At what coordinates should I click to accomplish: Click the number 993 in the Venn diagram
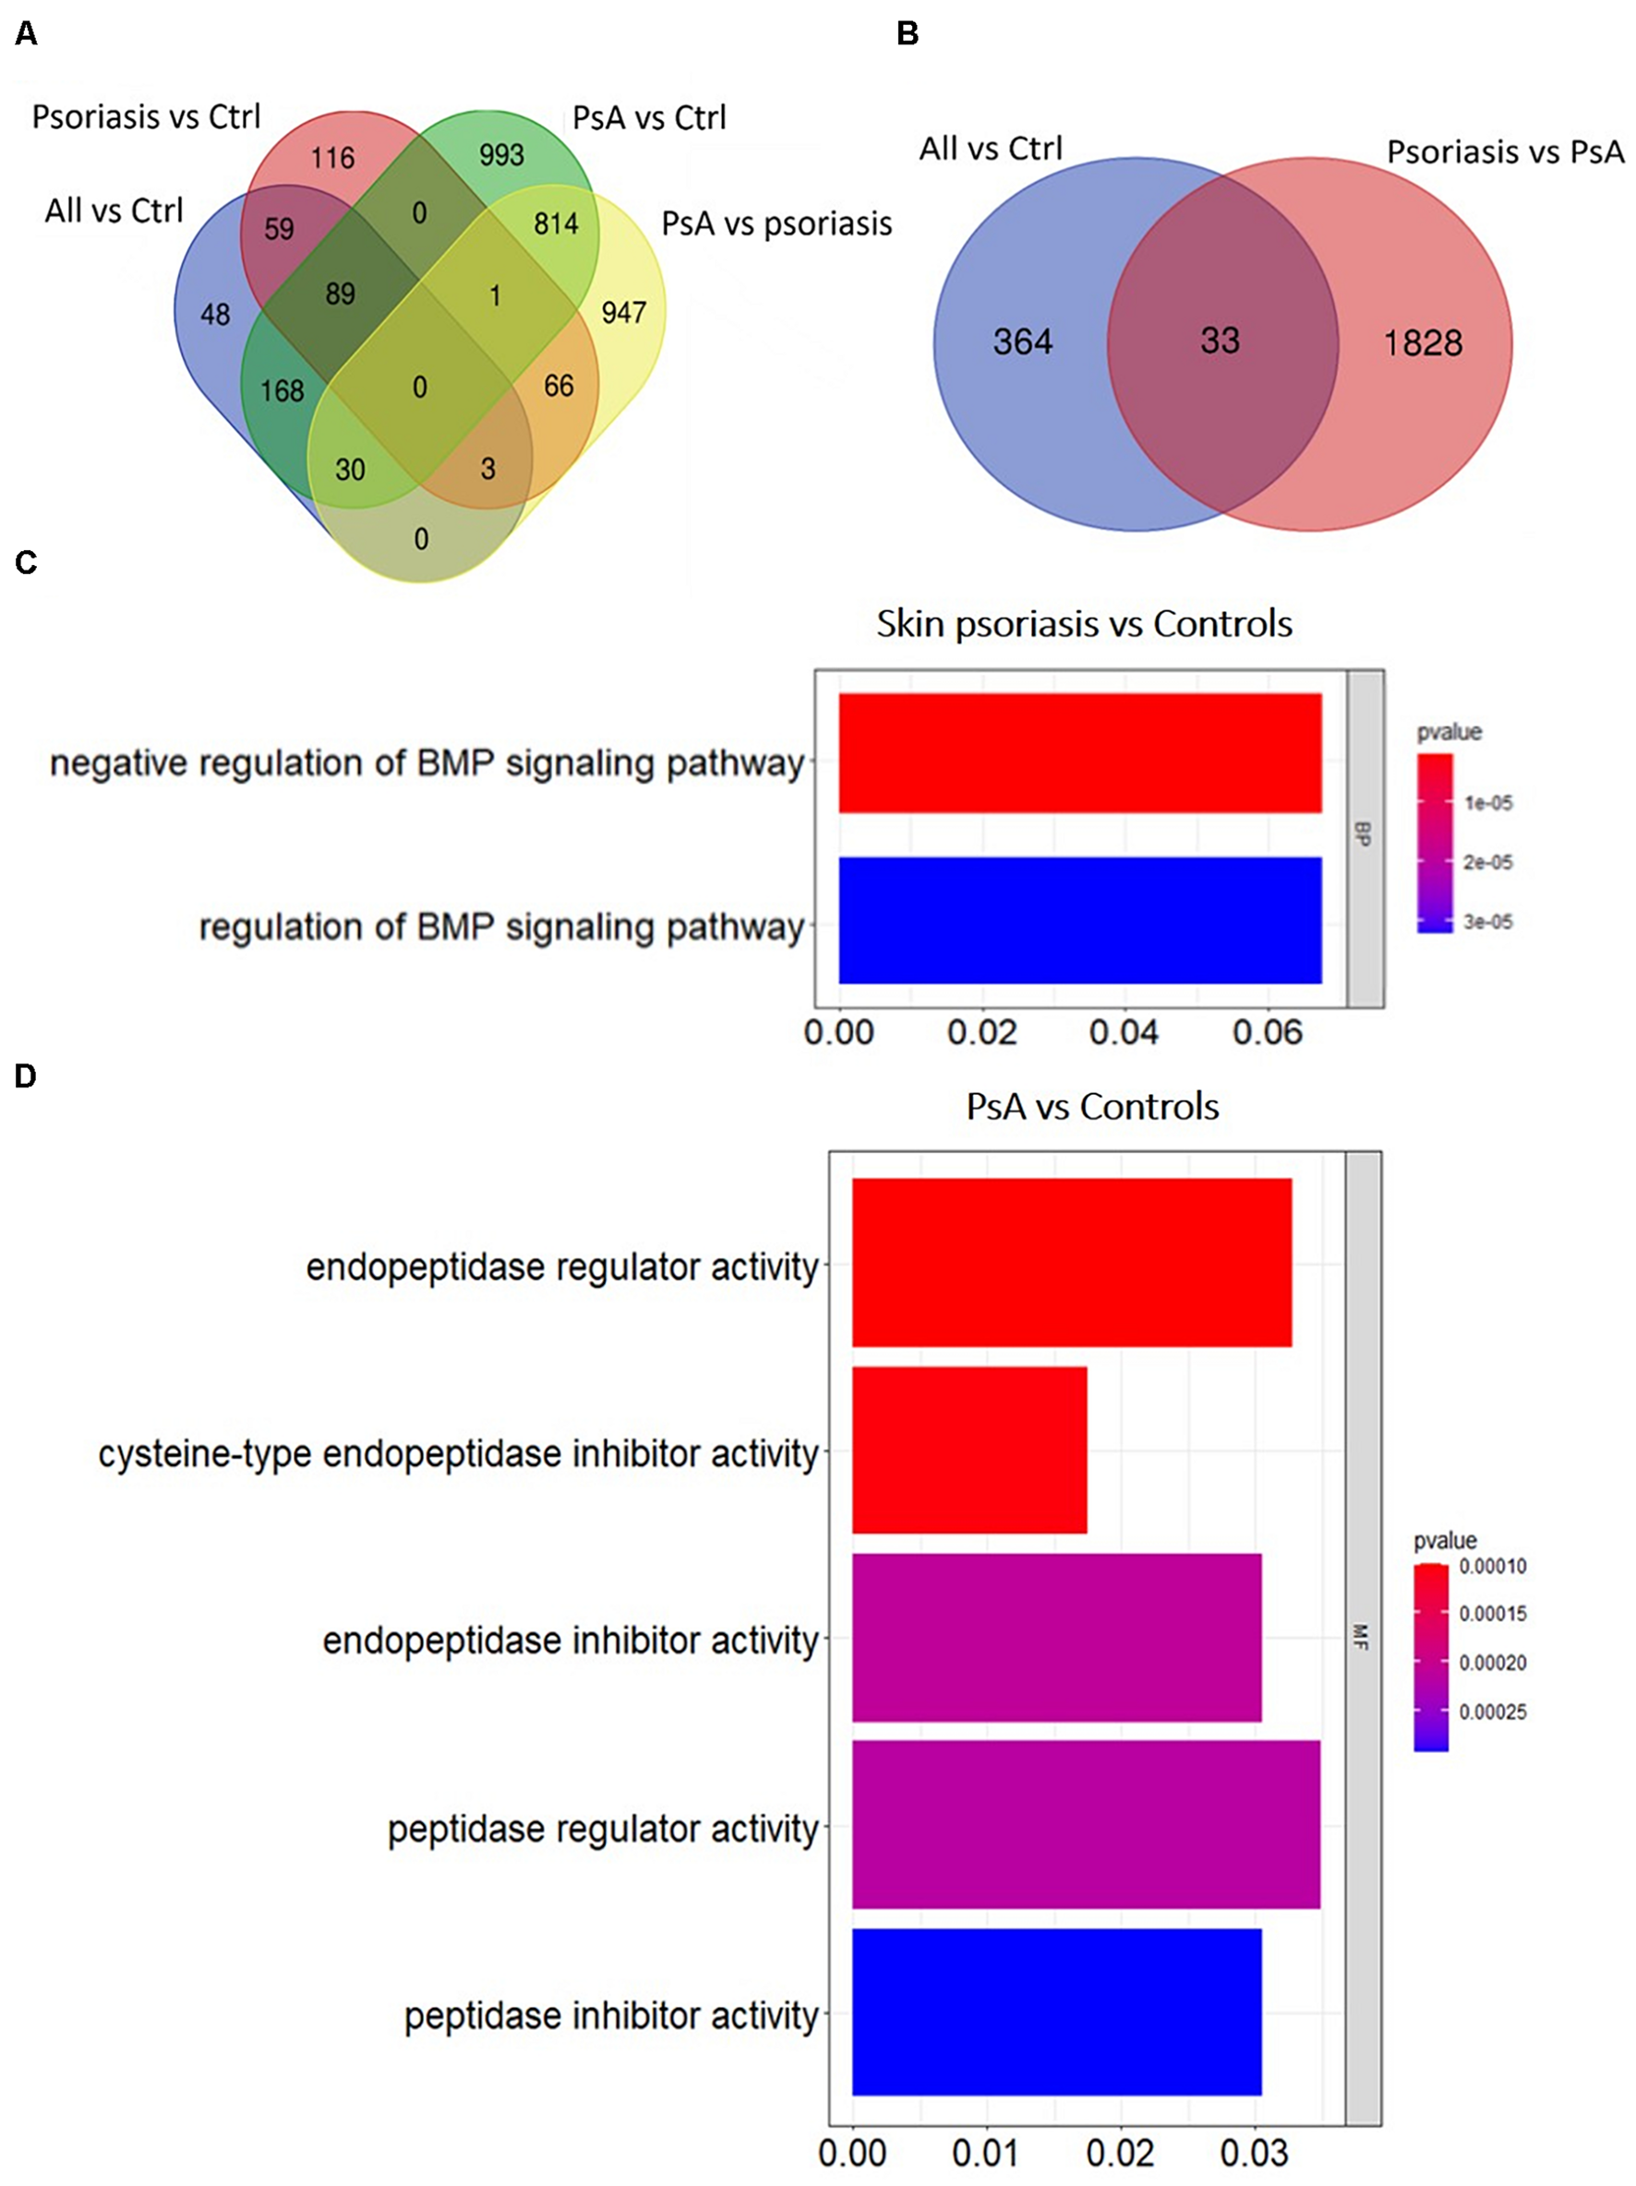coord(501,155)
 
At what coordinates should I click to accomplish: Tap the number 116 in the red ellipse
coord(332,158)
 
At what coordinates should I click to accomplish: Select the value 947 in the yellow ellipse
coord(623,313)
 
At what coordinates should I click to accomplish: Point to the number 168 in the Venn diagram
coord(282,391)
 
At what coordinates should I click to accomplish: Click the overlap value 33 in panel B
coord(1220,341)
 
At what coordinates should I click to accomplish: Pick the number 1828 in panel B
coord(1423,342)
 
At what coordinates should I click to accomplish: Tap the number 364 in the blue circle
coord(1023,342)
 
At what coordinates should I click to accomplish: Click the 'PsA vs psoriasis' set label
coord(776,224)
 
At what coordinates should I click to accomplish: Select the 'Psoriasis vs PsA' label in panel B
coord(1505,152)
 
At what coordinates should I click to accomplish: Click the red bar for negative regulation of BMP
coord(1079,753)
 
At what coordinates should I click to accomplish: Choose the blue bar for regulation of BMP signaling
coord(1079,920)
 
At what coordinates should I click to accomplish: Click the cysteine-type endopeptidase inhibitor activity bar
coord(968,1449)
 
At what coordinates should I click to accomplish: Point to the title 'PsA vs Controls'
coord(1092,1106)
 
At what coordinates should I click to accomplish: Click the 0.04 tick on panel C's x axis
coord(1124,1033)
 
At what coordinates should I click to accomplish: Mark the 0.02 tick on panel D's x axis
coord(1121,2154)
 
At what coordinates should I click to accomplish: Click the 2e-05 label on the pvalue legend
coord(1487,863)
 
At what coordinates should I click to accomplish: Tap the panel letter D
coord(26,1076)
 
